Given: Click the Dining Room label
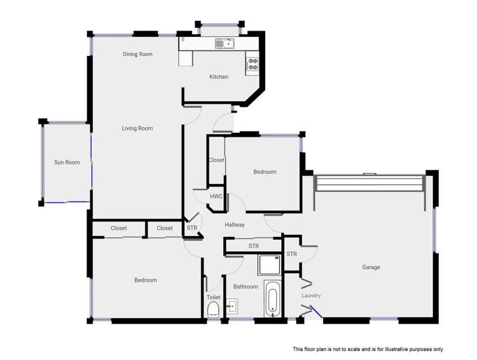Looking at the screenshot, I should pyautogui.click(x=137, y=55).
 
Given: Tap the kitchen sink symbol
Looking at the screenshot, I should pyautogui.click(x=225, y=44).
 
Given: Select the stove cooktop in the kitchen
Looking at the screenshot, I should pyautogui.click(x=252, y=64).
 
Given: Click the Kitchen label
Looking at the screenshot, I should pyautogui.click(x=219, y=77).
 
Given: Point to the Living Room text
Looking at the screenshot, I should pyautogui.click(x=137, y=128).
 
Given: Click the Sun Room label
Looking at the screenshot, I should pyautogui.click(x=67, y=162).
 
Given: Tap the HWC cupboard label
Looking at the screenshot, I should pyautogui.click(x=216, y=197).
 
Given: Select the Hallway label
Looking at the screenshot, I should pyautogui.click(x=235, y=225).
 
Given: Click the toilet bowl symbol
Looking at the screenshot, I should pyautogui.click(x=214, y=310).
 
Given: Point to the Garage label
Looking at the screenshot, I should pyautogui.click(x=371, y=268).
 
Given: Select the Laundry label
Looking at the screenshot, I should pyautogui.click(x=312, y=296).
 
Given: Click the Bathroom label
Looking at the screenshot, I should pyautogui.click(x=245, y=287).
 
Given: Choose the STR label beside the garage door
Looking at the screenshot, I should pyautogui.click(x=291, y=254).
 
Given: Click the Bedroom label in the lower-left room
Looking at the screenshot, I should pyautogui.click(x=145, y=280).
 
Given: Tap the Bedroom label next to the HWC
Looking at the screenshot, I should pyautogui.click(x=265, y=172).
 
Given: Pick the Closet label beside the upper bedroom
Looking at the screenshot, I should pyautogui.click(x=216, y=160).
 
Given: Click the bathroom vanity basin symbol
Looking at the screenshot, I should pyautogui.click(x=232, y=307).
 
